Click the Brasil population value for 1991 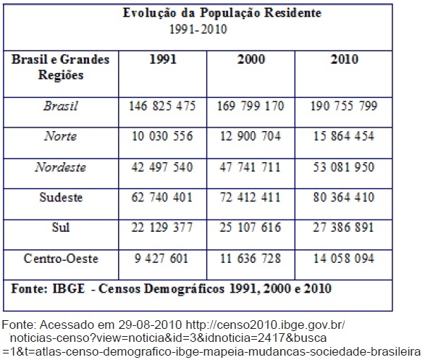coord(162,106)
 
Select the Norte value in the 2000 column coord(251,135)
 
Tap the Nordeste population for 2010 coord(344,167)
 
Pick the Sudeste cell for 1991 coord(161,197)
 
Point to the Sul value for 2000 coord(251,227)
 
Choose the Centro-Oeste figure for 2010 coord(344,258)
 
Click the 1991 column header coord(163,59)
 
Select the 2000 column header coord(251,59)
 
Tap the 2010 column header coord(344,59)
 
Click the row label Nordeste coord(61,167)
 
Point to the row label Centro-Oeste coord(61,259)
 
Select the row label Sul coord(61,227)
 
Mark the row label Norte coord(61,135)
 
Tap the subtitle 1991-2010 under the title coord(198,29)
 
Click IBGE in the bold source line coord(68,288)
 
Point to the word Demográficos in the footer coord(185,289)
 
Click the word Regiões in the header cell coord(61,75)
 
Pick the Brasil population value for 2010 coord(344,106)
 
